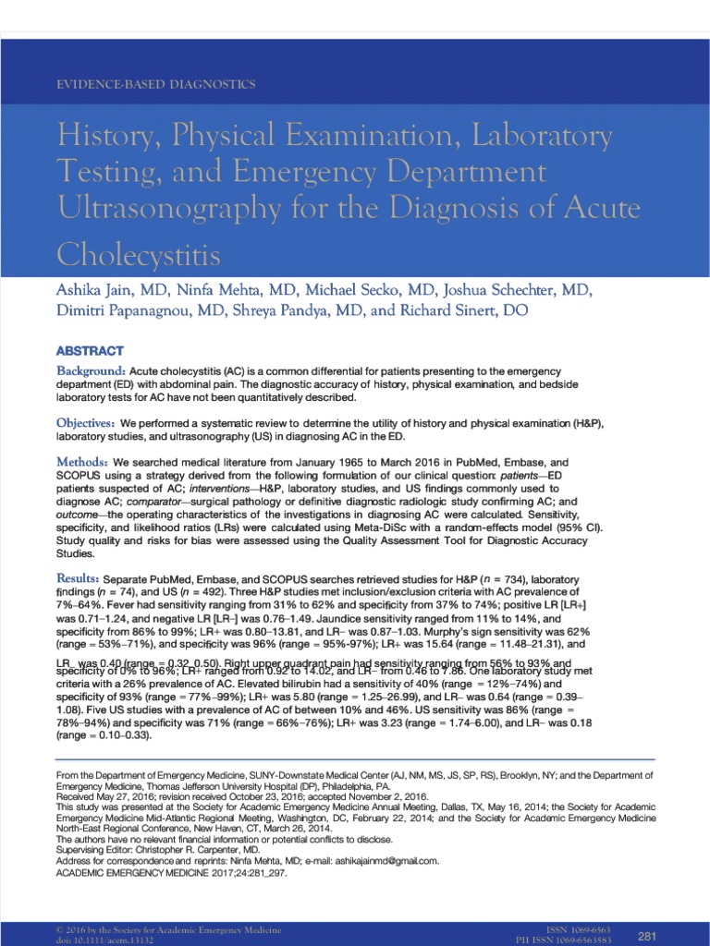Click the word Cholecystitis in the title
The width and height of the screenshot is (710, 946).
tap(141, 253)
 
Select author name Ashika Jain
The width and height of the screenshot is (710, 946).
tap(98, 291)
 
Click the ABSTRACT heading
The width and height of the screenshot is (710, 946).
tap(90, 351)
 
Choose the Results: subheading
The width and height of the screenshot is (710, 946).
tap(80, 577)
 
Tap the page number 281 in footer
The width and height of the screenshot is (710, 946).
tap(646, 936)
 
